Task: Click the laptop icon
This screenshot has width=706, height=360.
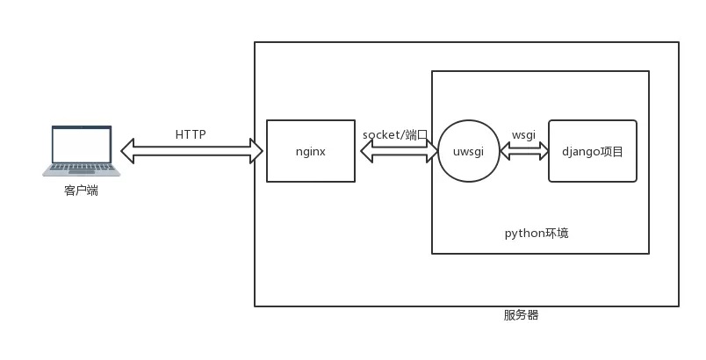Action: [x=82, y=151]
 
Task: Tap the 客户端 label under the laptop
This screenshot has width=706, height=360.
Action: [x=81, y=190]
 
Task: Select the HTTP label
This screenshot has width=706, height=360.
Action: [x=191, y=134]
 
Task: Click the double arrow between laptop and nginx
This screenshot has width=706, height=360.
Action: [x=191, y=152]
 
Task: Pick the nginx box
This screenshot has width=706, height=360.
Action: [x=310, y=167]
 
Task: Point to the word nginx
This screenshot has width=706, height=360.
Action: [x=310, y=151]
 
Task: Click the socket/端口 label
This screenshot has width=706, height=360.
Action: [x=395, y=134]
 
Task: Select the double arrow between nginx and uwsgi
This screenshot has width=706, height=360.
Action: [x=400, y=152]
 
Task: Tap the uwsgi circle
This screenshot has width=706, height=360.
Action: [x=468, y=151]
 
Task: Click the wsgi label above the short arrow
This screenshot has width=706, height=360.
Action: [x=523, y=134]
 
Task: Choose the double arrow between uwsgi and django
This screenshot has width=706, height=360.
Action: [x=523, y=152]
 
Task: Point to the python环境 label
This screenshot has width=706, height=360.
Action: [x=537, y=233]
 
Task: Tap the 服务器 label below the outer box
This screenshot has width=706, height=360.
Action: [x=521, y=314]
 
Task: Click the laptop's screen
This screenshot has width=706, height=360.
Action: [x=82, y=144]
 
